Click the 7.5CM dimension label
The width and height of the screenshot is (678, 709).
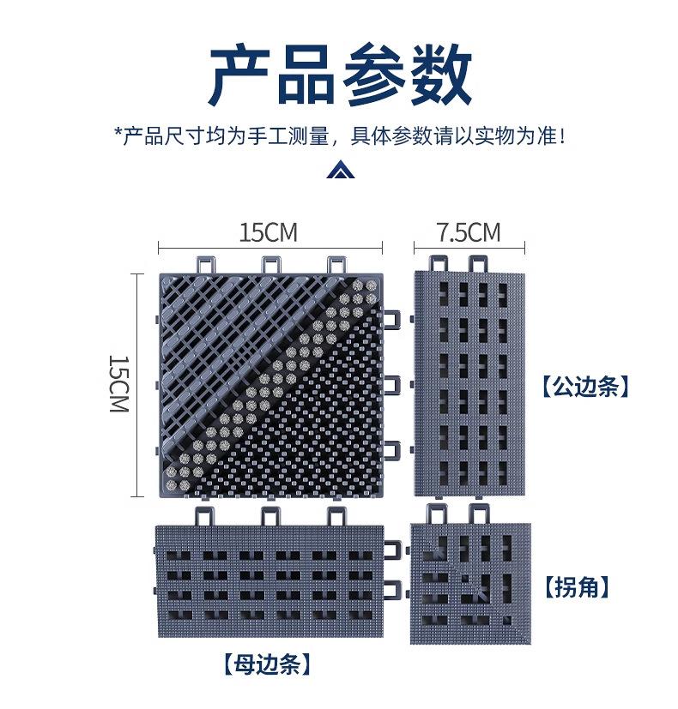[x=468, y=231]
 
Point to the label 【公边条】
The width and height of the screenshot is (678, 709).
[x=585, y=387]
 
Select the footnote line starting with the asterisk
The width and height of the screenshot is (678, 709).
[x=340, y=135]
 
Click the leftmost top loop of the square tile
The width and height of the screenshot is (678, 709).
[x=206, y=263]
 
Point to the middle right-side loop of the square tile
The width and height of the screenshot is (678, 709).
[x=392, y=384]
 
